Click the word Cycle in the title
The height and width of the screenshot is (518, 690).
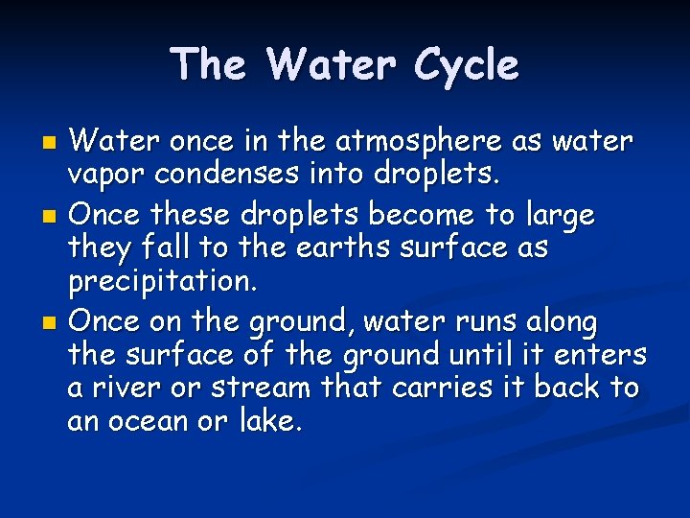468,65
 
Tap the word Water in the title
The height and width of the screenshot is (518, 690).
333,65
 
